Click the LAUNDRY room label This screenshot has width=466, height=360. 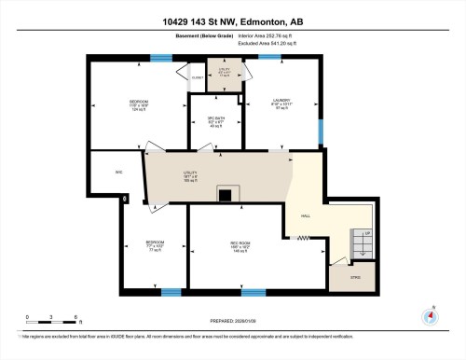281,104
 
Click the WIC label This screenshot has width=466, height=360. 105,173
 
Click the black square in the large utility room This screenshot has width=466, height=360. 225,195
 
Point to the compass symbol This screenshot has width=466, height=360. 430,315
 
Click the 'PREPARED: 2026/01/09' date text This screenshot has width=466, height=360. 232,322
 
